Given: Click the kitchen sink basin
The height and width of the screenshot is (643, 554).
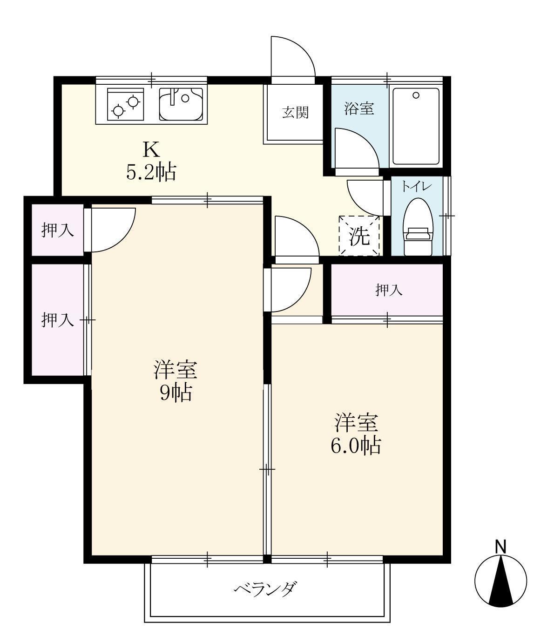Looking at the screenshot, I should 181,104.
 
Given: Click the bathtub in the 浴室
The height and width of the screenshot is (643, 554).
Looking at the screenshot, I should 416,126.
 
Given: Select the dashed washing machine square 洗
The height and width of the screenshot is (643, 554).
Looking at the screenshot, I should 359,236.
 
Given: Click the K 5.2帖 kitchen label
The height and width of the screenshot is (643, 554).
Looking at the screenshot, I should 151,161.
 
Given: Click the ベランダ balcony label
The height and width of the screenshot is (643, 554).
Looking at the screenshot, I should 265,589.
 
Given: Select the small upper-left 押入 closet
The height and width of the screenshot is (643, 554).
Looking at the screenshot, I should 57,230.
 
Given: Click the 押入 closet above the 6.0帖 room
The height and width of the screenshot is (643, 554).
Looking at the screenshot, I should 388,290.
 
